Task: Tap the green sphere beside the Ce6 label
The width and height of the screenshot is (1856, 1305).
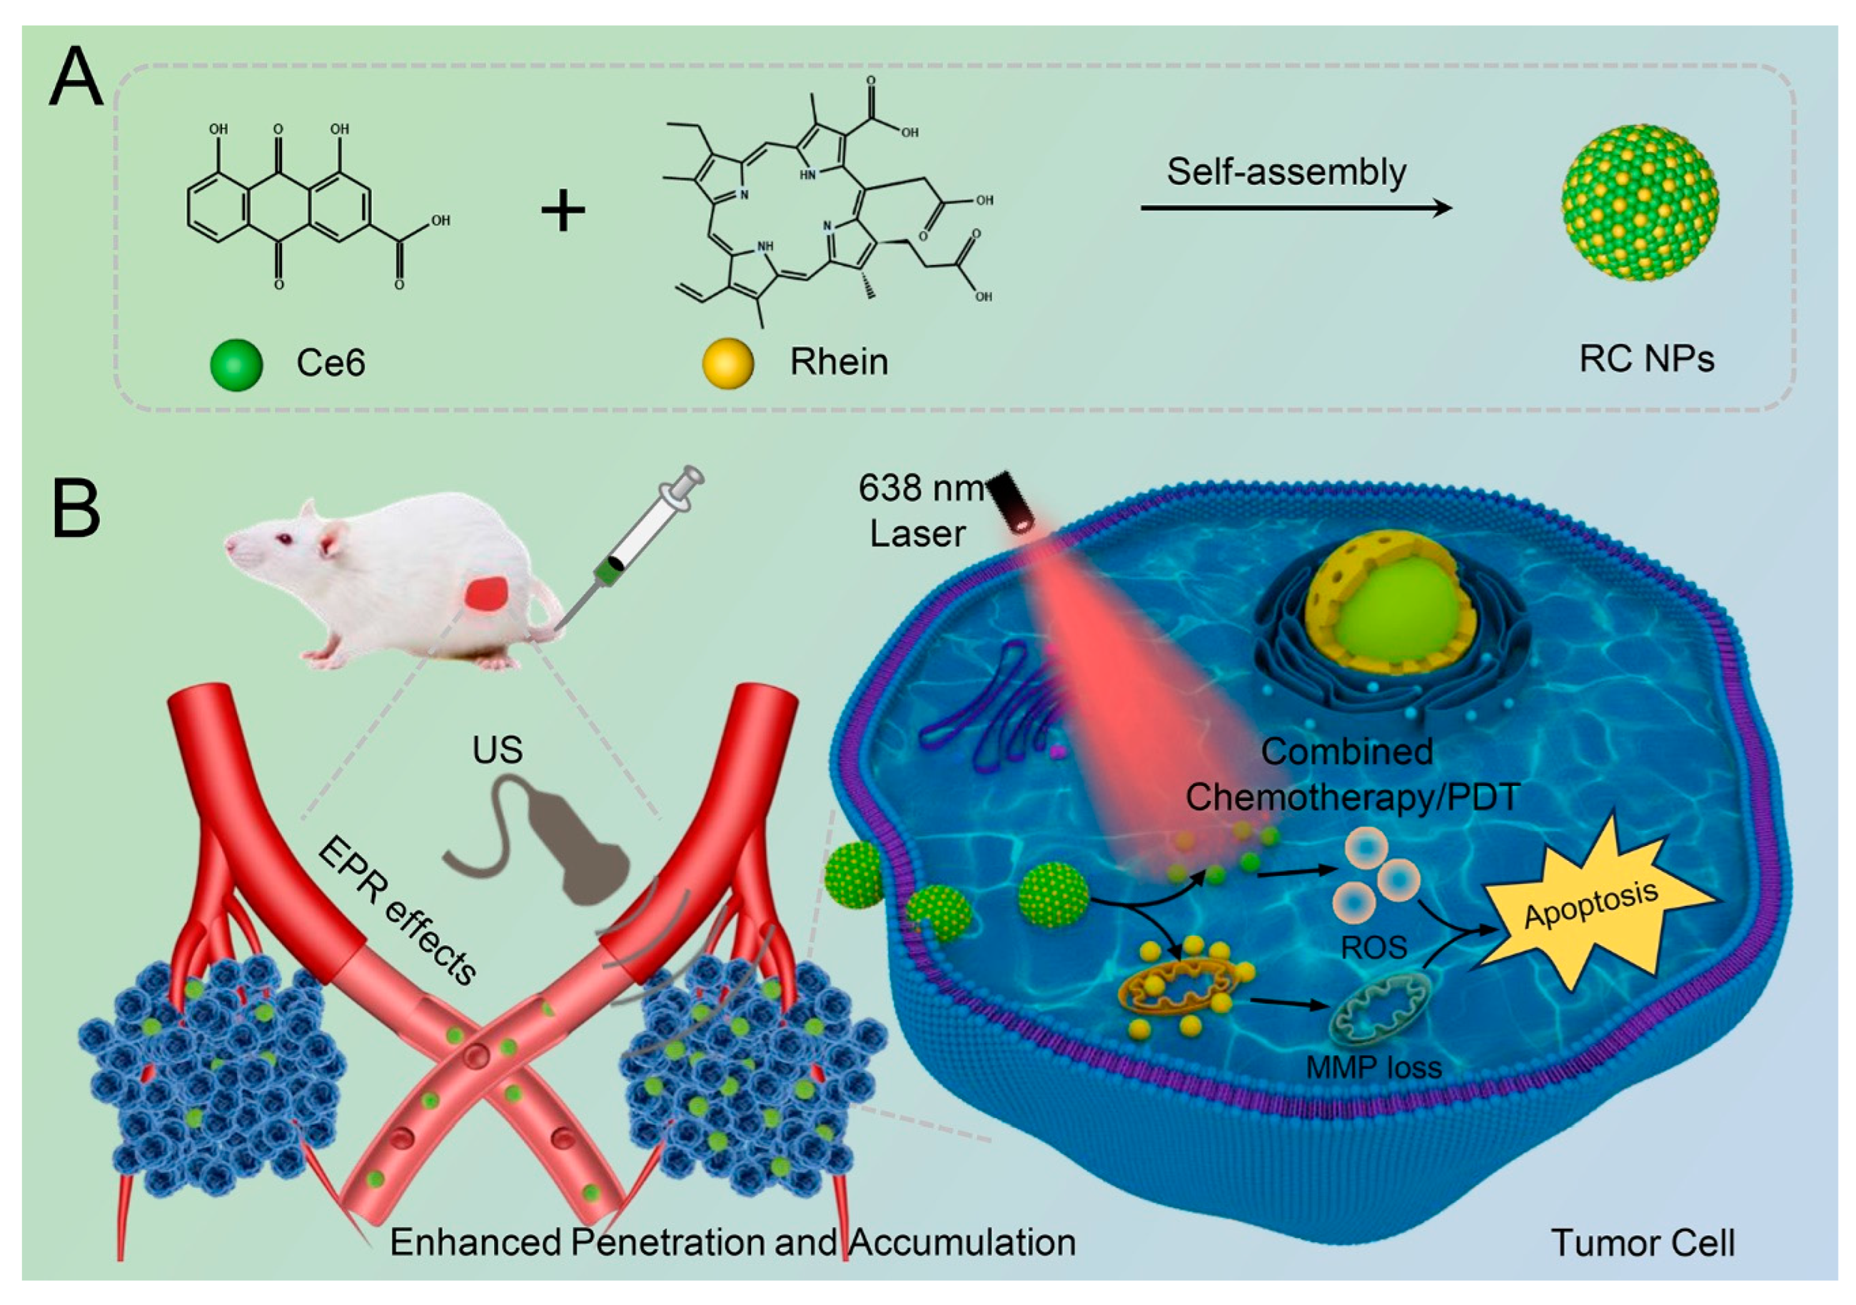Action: (236, 364)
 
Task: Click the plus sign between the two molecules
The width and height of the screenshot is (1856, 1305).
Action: (563, 211)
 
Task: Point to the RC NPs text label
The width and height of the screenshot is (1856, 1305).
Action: (1646, 359)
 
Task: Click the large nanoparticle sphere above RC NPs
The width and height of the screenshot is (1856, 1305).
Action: (1640, 203)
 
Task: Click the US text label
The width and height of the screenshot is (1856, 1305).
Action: (497, 750)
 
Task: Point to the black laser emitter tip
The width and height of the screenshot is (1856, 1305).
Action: (1011, 501)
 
